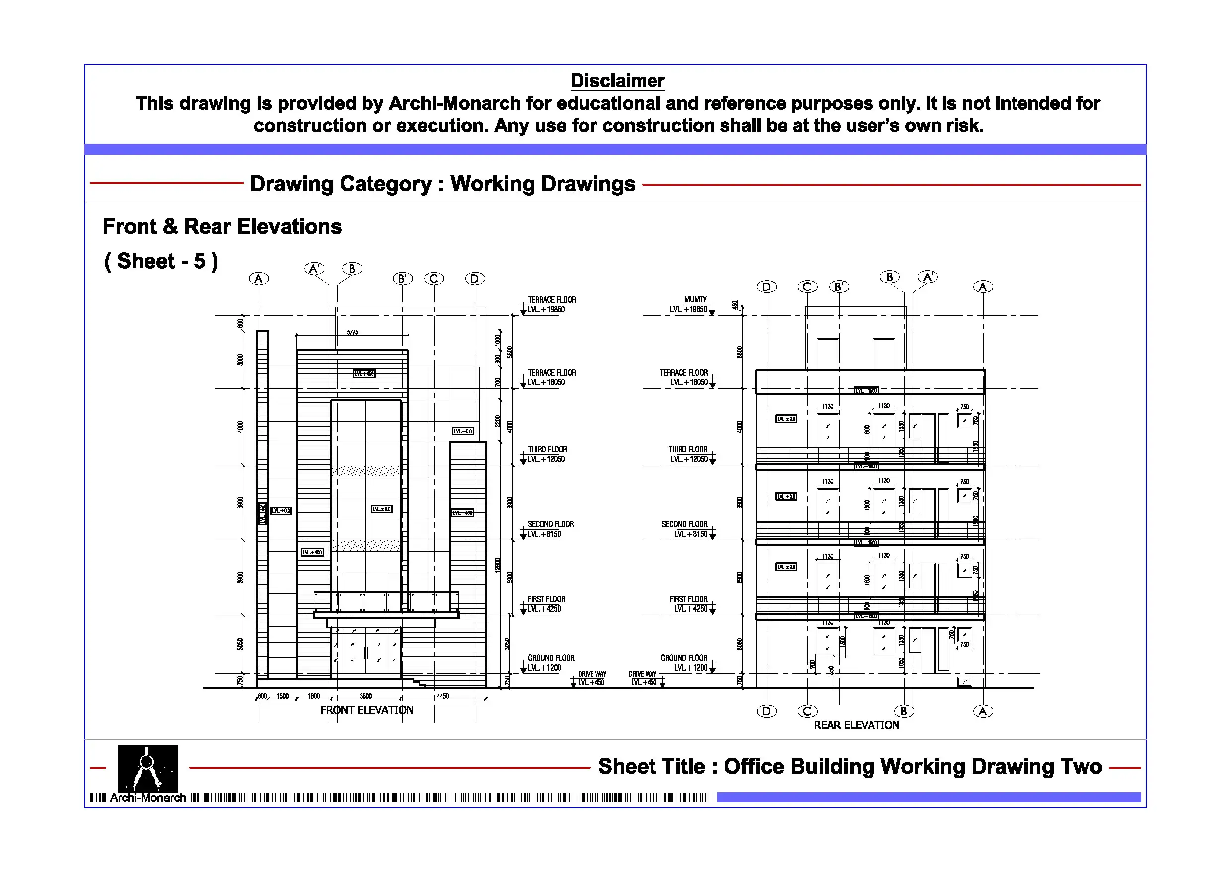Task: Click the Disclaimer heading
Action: click(617, 81)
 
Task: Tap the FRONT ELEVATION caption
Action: click(366, 710)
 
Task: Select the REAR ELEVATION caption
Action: click(856, 725)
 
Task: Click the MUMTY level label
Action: click(695, 299)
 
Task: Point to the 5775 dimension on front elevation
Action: click(352, 332)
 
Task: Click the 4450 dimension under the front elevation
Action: click(442, 696)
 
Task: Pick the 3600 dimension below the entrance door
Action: click(365, 696)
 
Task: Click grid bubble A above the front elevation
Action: click(259, 279)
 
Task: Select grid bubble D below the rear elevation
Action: click(766, 711)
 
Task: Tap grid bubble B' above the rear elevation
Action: click(839, 287)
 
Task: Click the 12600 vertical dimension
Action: click(498, 564)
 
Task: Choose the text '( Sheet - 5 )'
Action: click(161, 261)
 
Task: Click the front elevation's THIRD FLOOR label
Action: click(547, 450)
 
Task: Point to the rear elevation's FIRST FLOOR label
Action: click(688, 599)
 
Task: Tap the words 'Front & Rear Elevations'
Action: click(221, 226)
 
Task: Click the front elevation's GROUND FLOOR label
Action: click(551, 658)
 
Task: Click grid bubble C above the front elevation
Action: click(434, 279)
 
